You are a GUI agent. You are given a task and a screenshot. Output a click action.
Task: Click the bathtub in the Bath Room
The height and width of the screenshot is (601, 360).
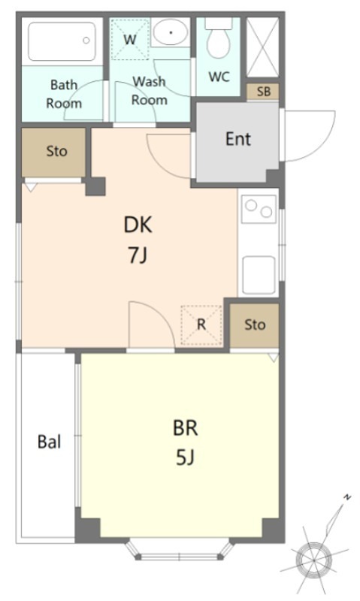pyautogui.click(x=62, y=41)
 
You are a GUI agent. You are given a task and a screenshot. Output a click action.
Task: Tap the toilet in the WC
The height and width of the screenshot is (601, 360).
pyautogui.click(x=219, y=38)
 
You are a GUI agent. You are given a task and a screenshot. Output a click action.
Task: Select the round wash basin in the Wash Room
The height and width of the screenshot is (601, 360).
pyautogui.click(x=170, y=32)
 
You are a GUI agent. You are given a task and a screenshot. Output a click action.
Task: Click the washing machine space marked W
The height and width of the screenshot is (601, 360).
pyautogui.click(x=130, y=40)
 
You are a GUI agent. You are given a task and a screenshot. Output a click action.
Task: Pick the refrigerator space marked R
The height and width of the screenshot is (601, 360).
pyautogui.click(x=201, y=325)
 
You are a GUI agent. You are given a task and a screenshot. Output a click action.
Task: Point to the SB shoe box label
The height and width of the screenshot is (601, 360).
pyautogui.click(x=263, y=92)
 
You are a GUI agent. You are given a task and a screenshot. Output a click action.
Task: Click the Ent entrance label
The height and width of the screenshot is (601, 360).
pyautogui.click(x=238, y=139)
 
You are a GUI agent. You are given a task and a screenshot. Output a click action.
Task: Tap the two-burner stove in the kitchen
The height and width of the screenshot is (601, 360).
pyautogui.click(x=259, y=209)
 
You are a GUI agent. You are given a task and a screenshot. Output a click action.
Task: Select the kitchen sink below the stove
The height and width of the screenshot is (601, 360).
pyautogui.click(x=259, y=275)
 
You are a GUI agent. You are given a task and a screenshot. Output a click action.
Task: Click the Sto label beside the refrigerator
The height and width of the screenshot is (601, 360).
pyautogui.click(x=255, y=325)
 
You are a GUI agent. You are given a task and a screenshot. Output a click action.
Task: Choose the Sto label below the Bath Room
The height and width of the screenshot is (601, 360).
pyautogui.click(x=56, y=151)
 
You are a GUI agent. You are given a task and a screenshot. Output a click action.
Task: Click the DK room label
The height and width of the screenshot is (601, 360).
pyautogui.click(x=138, y=225)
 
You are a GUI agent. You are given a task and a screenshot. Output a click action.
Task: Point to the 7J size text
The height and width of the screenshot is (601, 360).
pyautogui.click(x=138, y=255)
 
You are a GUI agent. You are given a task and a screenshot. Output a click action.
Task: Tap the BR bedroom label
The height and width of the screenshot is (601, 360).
pyautogui.click(x=186, y=428)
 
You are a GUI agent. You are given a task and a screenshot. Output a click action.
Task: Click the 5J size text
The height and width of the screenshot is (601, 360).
pyautogui.click(x=186, y=457)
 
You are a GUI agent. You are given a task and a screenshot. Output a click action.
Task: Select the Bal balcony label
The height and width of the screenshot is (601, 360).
pyautogui.click(x=49, y=442)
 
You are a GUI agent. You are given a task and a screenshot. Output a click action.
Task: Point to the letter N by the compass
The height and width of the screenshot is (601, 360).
pyautogui.click(x=347, y=497)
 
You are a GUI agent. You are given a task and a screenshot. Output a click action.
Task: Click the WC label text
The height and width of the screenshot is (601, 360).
pyautogui.click(x=219, y=77)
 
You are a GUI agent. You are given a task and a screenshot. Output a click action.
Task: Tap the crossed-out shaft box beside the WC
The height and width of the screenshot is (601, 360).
pyautogui.click(x=262, y=47)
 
